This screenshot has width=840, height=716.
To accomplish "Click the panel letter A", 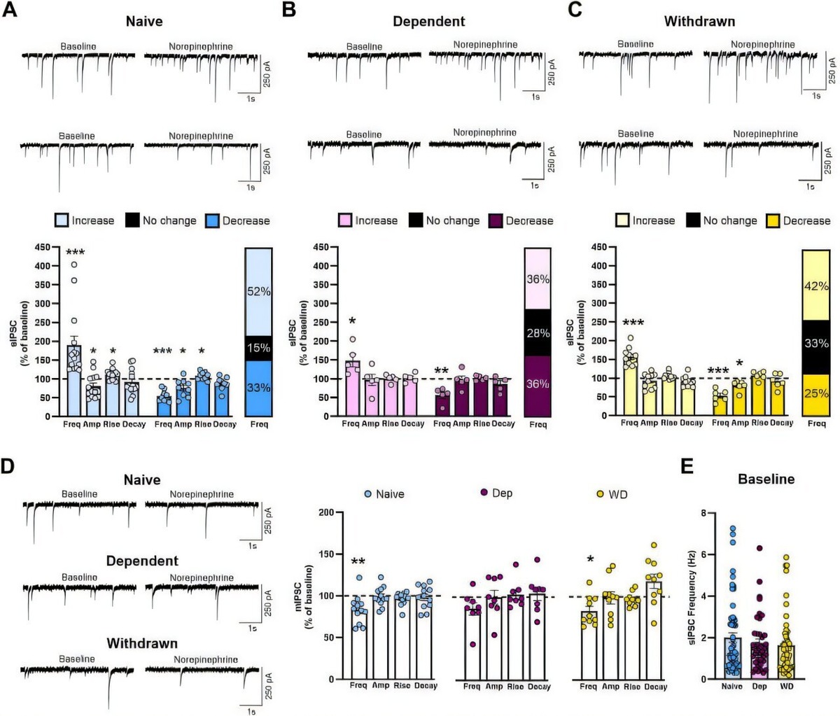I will (10, 13).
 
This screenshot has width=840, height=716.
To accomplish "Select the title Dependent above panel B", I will (428, 21).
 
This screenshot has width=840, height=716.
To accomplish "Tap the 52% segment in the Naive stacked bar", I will (258, 291).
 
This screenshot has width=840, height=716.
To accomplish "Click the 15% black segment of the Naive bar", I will (258, 348).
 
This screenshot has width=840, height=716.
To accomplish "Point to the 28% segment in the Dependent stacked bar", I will (538, 332).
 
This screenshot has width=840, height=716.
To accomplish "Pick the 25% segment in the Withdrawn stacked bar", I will (816, 393).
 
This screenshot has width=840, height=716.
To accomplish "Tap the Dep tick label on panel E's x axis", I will (759, 687).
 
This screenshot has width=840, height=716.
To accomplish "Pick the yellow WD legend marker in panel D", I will (599, 494).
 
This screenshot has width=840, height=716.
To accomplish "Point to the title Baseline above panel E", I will (766, 479).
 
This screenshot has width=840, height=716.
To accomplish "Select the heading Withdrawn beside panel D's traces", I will (142, 643).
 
